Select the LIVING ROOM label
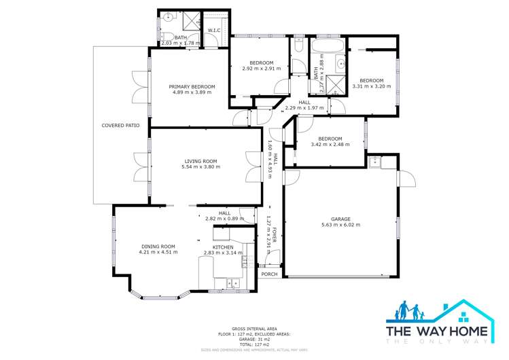(200, 161)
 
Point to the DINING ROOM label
(158, 247)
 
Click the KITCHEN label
(223, 247)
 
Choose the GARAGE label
(340, 219)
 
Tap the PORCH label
(269, 274)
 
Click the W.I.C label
(213, 30)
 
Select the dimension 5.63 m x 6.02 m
(340, 225)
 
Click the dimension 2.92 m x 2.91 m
(262, 69)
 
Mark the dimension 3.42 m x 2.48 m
(330, 144)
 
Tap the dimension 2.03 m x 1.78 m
(180, 43)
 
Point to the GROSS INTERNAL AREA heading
(254, 327)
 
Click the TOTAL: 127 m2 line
(254, 344)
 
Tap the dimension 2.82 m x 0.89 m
(224, 219)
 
